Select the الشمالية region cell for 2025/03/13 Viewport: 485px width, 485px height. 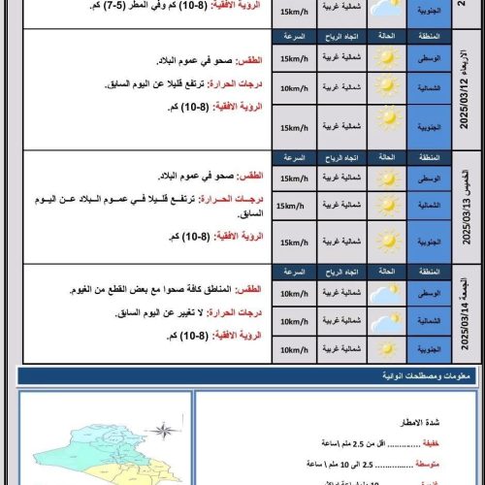pyautogui.click(x=428, y=206)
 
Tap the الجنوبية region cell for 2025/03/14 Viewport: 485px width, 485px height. pyautogui.click(x=428, y=348)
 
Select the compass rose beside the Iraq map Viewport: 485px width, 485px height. pyautogui.click(x=165, y=429)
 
